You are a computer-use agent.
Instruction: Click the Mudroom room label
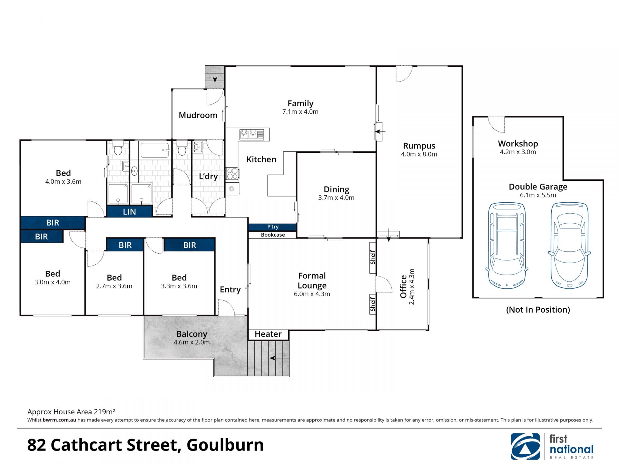(198, 115)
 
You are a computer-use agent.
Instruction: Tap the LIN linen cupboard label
(129, 212)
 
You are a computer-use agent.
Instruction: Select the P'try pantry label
(273, 227)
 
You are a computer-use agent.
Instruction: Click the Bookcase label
(273, 235)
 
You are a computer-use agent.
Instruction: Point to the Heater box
(268, 334)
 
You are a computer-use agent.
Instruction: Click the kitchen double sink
(252, 134)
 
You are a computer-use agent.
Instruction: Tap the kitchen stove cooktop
(232, 174)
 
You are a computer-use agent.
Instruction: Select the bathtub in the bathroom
(155, 150)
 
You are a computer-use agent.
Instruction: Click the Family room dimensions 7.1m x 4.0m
(300, 112)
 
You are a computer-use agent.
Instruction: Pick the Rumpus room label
(419, 146)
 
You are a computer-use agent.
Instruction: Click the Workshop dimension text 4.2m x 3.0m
(518, 152)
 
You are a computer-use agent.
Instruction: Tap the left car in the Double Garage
(507, 246)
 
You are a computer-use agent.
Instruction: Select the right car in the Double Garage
(569, 246)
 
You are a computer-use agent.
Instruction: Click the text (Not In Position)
(538, 310)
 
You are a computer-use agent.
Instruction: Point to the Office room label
(403, 286)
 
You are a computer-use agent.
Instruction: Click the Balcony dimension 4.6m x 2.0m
(192, 342)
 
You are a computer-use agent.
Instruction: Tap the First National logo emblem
(525, 447)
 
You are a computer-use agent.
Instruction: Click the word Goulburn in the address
(225, 445)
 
